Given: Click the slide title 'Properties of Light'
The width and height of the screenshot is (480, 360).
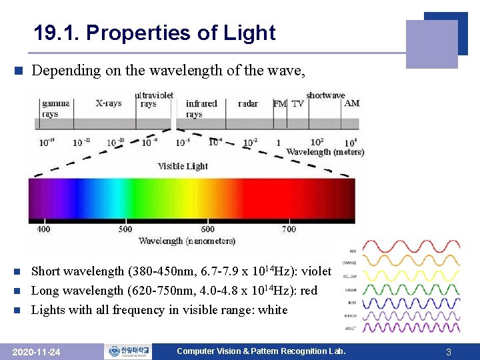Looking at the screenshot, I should tap(155, 33).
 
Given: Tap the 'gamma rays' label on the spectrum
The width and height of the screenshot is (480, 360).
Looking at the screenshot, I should tap(55, 109).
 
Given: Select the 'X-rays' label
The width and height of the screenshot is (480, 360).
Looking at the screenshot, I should tap(108, 103).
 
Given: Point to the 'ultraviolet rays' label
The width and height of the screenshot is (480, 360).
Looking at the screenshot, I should tap(154, 99).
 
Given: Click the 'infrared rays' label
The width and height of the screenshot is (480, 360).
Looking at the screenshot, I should tap(201, 109).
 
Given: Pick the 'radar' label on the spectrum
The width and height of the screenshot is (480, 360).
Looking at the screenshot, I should tap(247, 103).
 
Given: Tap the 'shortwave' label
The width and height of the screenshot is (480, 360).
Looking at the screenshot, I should tap(325, 95).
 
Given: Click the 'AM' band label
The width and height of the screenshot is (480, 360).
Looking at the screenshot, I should tap(352, 103).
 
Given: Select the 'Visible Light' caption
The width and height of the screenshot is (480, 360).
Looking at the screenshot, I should tap(183, 166).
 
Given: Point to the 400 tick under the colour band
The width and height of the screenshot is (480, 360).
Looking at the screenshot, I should tap(43, 229).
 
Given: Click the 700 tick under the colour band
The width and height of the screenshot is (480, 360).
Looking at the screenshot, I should tap(289, 229).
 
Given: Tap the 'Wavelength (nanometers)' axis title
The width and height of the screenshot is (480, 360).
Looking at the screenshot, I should tap(187, 241).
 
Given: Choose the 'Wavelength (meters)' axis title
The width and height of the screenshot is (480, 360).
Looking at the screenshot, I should tap(325, 152).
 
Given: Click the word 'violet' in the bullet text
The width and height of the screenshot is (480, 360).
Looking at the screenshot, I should tap(316, 271).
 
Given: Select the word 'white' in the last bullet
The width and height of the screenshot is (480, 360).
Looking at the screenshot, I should tap(272, 310).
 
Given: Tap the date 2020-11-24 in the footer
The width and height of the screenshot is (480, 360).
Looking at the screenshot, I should tap(37, 352).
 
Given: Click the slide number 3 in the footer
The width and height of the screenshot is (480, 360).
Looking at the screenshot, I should tap(449, 352).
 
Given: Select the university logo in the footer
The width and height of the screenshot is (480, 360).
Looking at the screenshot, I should tap(127, 351).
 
